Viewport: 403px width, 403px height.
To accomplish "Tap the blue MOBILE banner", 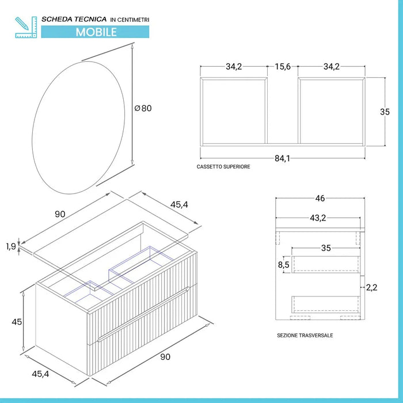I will [96, 32].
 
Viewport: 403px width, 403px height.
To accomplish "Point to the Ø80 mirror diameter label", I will [143, 108].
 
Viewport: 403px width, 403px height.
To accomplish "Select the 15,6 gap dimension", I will [283, 67].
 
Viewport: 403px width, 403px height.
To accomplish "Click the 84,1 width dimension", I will [282, 158].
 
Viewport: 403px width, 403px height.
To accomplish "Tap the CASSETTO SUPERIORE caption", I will [223, 167].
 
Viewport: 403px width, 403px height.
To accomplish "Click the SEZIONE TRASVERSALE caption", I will [305, 335].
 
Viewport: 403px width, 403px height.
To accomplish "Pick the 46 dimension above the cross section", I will [320, 199].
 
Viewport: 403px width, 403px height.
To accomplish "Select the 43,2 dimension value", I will [319, 218].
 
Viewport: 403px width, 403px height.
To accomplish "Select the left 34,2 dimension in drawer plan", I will [233, 67].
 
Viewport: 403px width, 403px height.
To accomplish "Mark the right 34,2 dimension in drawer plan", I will [331, 67].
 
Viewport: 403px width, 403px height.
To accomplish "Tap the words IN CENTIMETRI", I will [129, 20].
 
